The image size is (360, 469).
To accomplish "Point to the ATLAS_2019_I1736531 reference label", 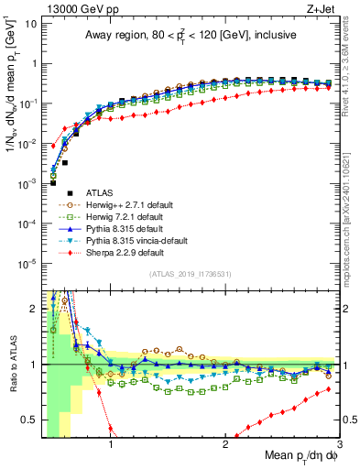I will (x=189, y=272).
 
